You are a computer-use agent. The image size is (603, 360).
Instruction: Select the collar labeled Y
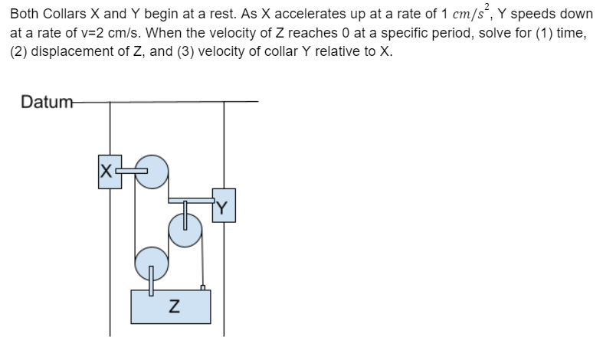tap(224, 205)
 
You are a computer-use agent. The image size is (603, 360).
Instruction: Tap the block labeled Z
tap(170, 307)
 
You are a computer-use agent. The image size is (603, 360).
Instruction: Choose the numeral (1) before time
tap(546, 35)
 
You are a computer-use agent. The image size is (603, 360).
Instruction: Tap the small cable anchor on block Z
tap(202, 288)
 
